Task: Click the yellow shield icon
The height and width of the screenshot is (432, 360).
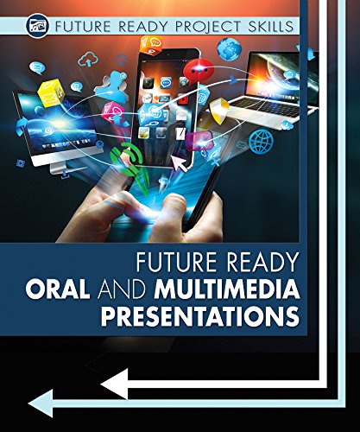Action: click(219, 109)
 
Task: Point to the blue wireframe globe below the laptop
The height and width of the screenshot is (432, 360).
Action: click(260, 139)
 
